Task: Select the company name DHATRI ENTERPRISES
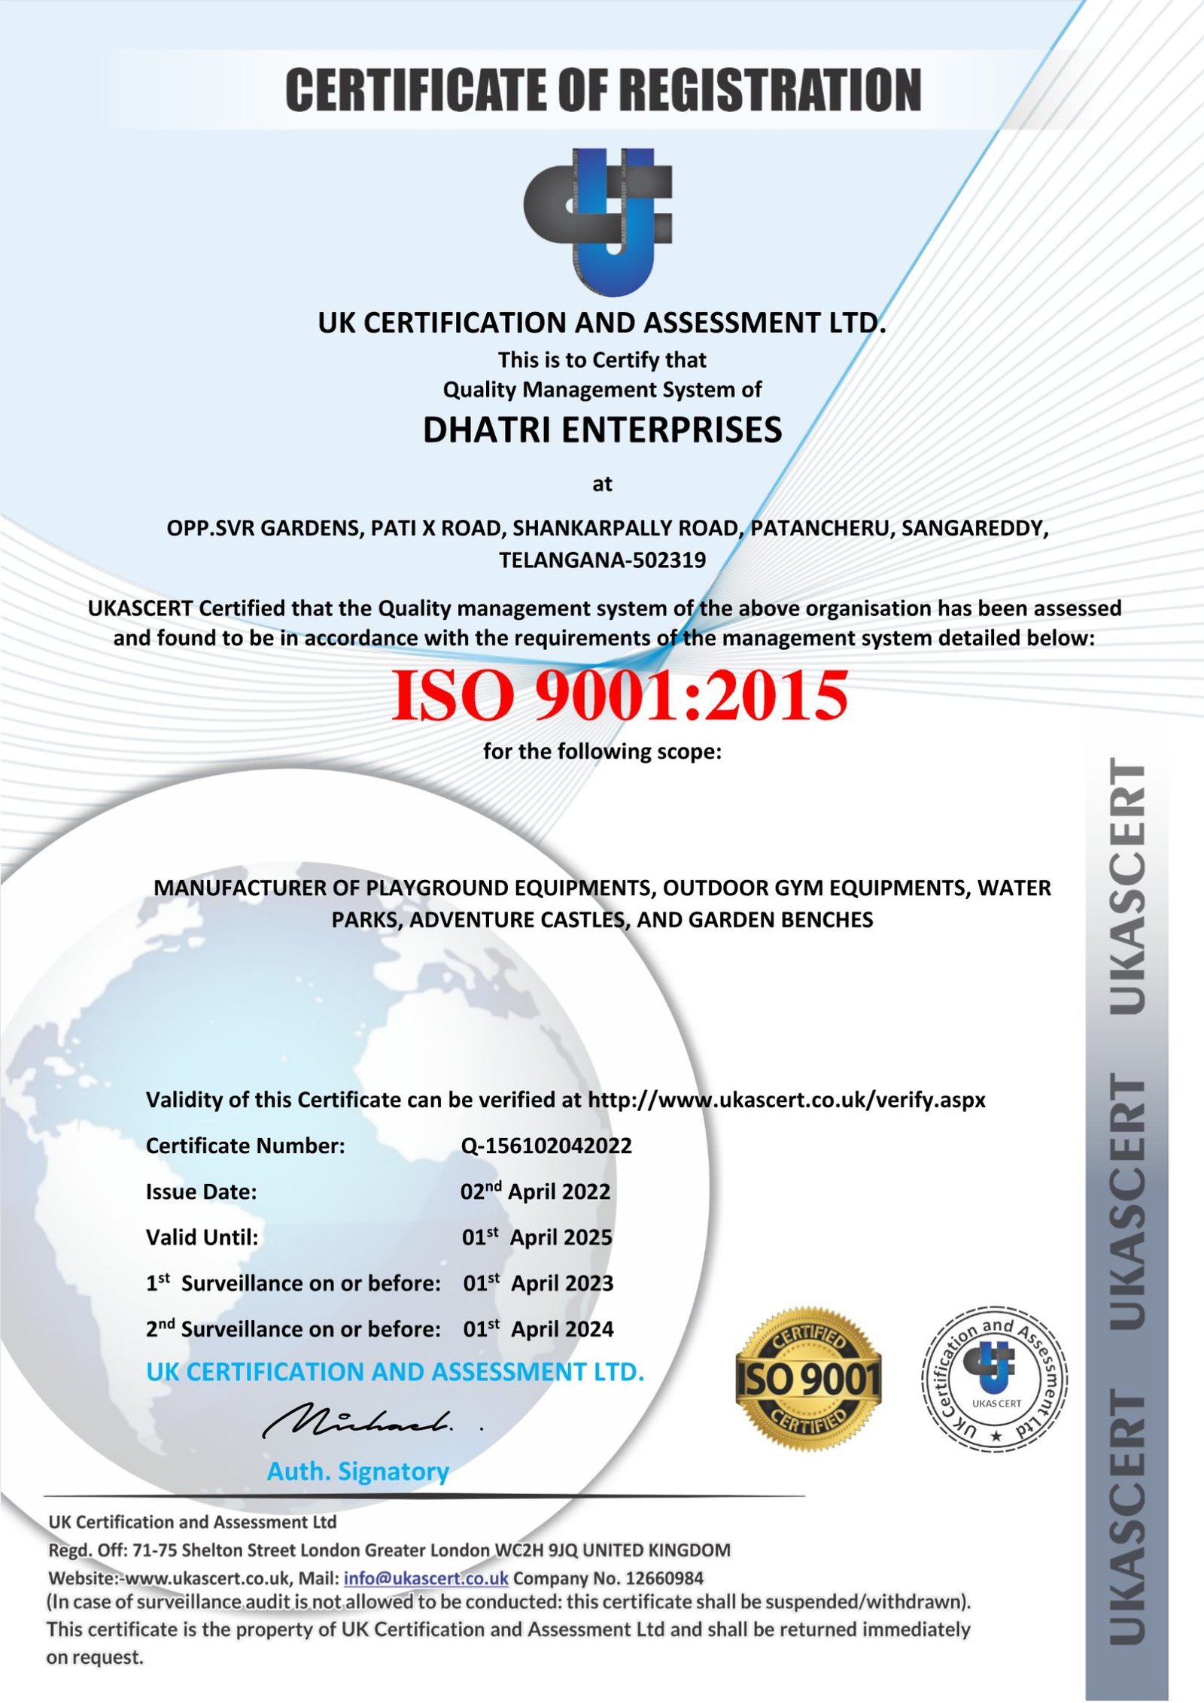click(602, 430)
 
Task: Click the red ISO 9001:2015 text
click(619, 695)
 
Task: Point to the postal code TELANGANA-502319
click(602, 560)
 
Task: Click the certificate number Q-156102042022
click(546, 1146)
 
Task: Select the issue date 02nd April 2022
click(535, 1191)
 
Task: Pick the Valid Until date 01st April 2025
click(537, 1237)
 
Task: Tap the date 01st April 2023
click(538, 1283)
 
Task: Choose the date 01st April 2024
click(538, 1329)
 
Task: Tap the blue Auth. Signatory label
click(358, 1471)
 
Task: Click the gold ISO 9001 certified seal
click(807, 1379)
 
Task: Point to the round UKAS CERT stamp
click(995, 1379)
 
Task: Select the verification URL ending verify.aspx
click(786, 1100)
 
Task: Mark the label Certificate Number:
click(245, 1146)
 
